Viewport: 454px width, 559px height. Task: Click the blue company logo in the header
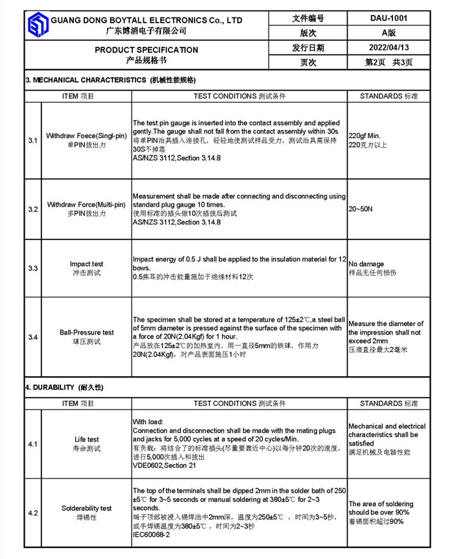[37, 25]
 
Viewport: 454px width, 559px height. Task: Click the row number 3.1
[32, 140]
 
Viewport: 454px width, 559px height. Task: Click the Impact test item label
[86, 264]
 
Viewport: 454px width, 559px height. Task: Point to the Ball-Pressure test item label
[86, 332]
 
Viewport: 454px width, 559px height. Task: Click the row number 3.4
[32, 337]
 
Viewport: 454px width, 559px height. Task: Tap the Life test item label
[86, 439]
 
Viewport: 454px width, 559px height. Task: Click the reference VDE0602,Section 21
[164, 466]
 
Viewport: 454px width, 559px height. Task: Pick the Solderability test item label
[86, 508]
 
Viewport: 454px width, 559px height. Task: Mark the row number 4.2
[32, 513]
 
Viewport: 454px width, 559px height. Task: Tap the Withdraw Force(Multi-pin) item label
[86, 204]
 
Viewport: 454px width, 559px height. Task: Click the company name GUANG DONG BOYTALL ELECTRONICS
[147, 20]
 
